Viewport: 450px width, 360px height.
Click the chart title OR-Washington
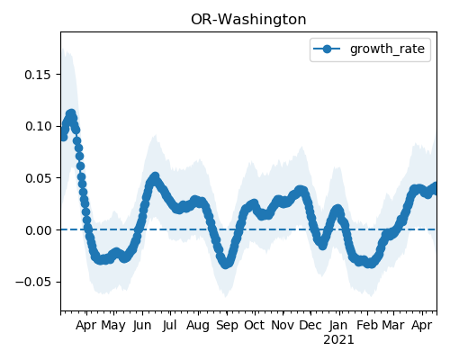pyautogui.click(x=248, y=20)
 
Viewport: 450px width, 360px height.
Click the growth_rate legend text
pyautogui.click(x=387, y=49)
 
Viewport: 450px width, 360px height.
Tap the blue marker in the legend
pyautogui.click(x=327, y=49)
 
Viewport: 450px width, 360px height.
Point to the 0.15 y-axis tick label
pyautogui.click(x=38, y=75)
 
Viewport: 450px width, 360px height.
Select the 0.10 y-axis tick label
pyautogui.click(x=38, y=126)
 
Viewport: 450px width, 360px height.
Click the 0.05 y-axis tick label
pyautogui.click(x=38, y=178)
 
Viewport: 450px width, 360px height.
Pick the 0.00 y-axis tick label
pyautogui.click(x=38, y=230)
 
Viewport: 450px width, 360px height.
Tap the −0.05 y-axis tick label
pyautogui.click(x=33, y=283)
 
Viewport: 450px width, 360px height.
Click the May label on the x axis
pyautogui.click(x=113, y=326)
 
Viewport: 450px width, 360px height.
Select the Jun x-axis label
pyautogui.click(x=142, y=326)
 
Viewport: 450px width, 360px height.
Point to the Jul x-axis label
pyautogui.click(x=169, y=326)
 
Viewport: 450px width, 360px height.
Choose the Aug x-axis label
pyautogui.click(x=198, y=326)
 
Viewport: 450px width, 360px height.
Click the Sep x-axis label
pyautogui.click(x=227, y=326)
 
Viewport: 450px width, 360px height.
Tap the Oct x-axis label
pyautogui.click(x=255, y=326)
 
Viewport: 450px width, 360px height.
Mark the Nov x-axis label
pyautogui.click(x=283, y=326)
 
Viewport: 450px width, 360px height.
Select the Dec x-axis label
pyautogui.click(x=310, y=326)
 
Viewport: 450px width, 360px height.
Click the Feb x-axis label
pyautogui.click(x=367, y=326)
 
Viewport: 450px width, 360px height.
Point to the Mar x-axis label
pyautogui.click(x=393, y=326)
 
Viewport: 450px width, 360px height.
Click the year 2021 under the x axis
pyautogui.click(x=338, y=340)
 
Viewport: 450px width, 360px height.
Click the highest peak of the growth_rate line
pyautogui.click(x=71, y=114)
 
